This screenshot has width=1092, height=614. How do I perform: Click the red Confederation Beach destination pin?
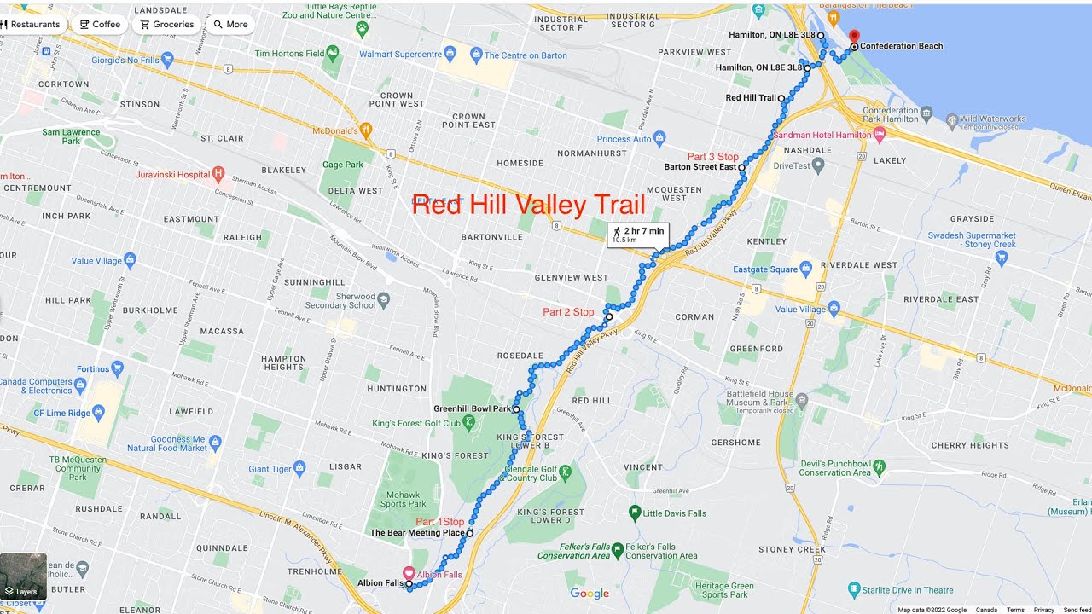pos(855,36)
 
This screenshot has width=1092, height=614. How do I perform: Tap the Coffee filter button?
pos(100,25)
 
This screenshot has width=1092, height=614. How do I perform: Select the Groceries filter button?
pos(166,25)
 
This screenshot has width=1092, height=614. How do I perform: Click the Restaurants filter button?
pos(31,25)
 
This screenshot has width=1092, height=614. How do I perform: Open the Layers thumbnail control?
pos(23,576)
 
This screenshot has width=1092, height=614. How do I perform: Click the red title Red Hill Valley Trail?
pos(528,205)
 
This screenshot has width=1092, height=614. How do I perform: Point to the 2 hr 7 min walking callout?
pos(637,235)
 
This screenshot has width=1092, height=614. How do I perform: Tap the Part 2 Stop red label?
pos(568,312)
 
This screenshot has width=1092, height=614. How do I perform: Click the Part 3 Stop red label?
pos(712,157)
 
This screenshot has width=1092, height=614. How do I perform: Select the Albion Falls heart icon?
pos(409,574)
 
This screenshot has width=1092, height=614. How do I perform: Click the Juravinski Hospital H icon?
pos(218,175)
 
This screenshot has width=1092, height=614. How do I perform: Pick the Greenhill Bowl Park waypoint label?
pos(472,409)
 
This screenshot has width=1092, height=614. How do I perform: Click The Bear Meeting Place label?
pos(417,533)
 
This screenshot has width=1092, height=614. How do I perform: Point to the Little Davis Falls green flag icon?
pos(634,513)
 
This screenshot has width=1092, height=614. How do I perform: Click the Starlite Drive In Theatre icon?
pos(854,589)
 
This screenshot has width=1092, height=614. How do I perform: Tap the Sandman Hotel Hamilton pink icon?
pos(880,135)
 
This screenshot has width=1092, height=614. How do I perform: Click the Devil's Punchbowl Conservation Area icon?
pos(880,467)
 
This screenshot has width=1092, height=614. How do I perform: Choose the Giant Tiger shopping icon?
pos(299,468)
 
